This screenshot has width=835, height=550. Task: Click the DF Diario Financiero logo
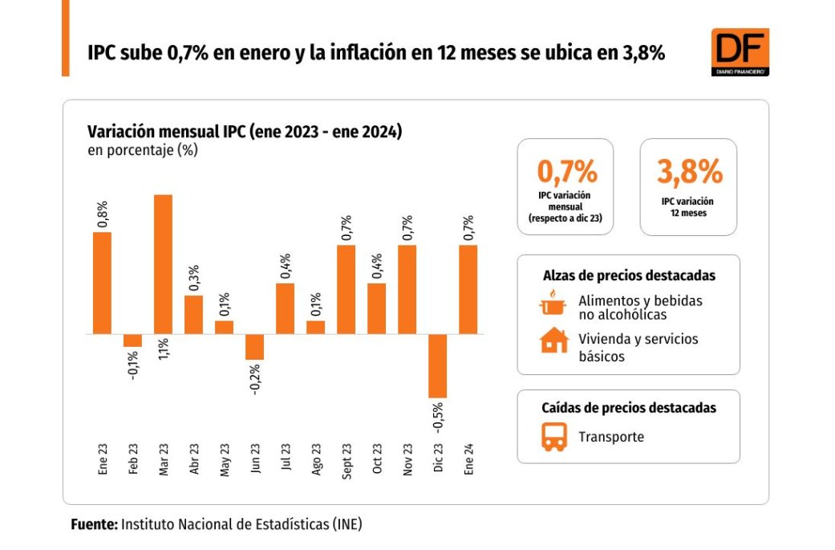click(x=740, y=52)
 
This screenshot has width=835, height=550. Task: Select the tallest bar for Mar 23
click(x=163, y=264)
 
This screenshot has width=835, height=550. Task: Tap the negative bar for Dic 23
click(x=437, y=365)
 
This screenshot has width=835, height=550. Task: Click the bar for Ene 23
click(x=102, y=283)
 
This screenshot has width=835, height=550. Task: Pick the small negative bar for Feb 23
click(x=132, y=340)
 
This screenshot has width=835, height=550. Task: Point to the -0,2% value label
click(x=255, y=381)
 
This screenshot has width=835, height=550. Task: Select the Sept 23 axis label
click(x=347, y=461)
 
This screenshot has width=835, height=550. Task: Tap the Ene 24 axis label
click(x=468, y=461)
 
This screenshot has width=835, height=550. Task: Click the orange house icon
click(x=553, y=341)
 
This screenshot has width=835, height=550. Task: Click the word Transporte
click(x=611, y=438)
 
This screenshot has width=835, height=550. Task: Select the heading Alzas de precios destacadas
click(x=628, y=275)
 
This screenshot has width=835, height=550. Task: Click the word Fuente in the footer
click(x=93, y=525)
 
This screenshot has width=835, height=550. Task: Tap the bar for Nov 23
click(x=407, y=289)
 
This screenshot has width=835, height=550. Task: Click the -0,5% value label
click(x=438, y=418)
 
